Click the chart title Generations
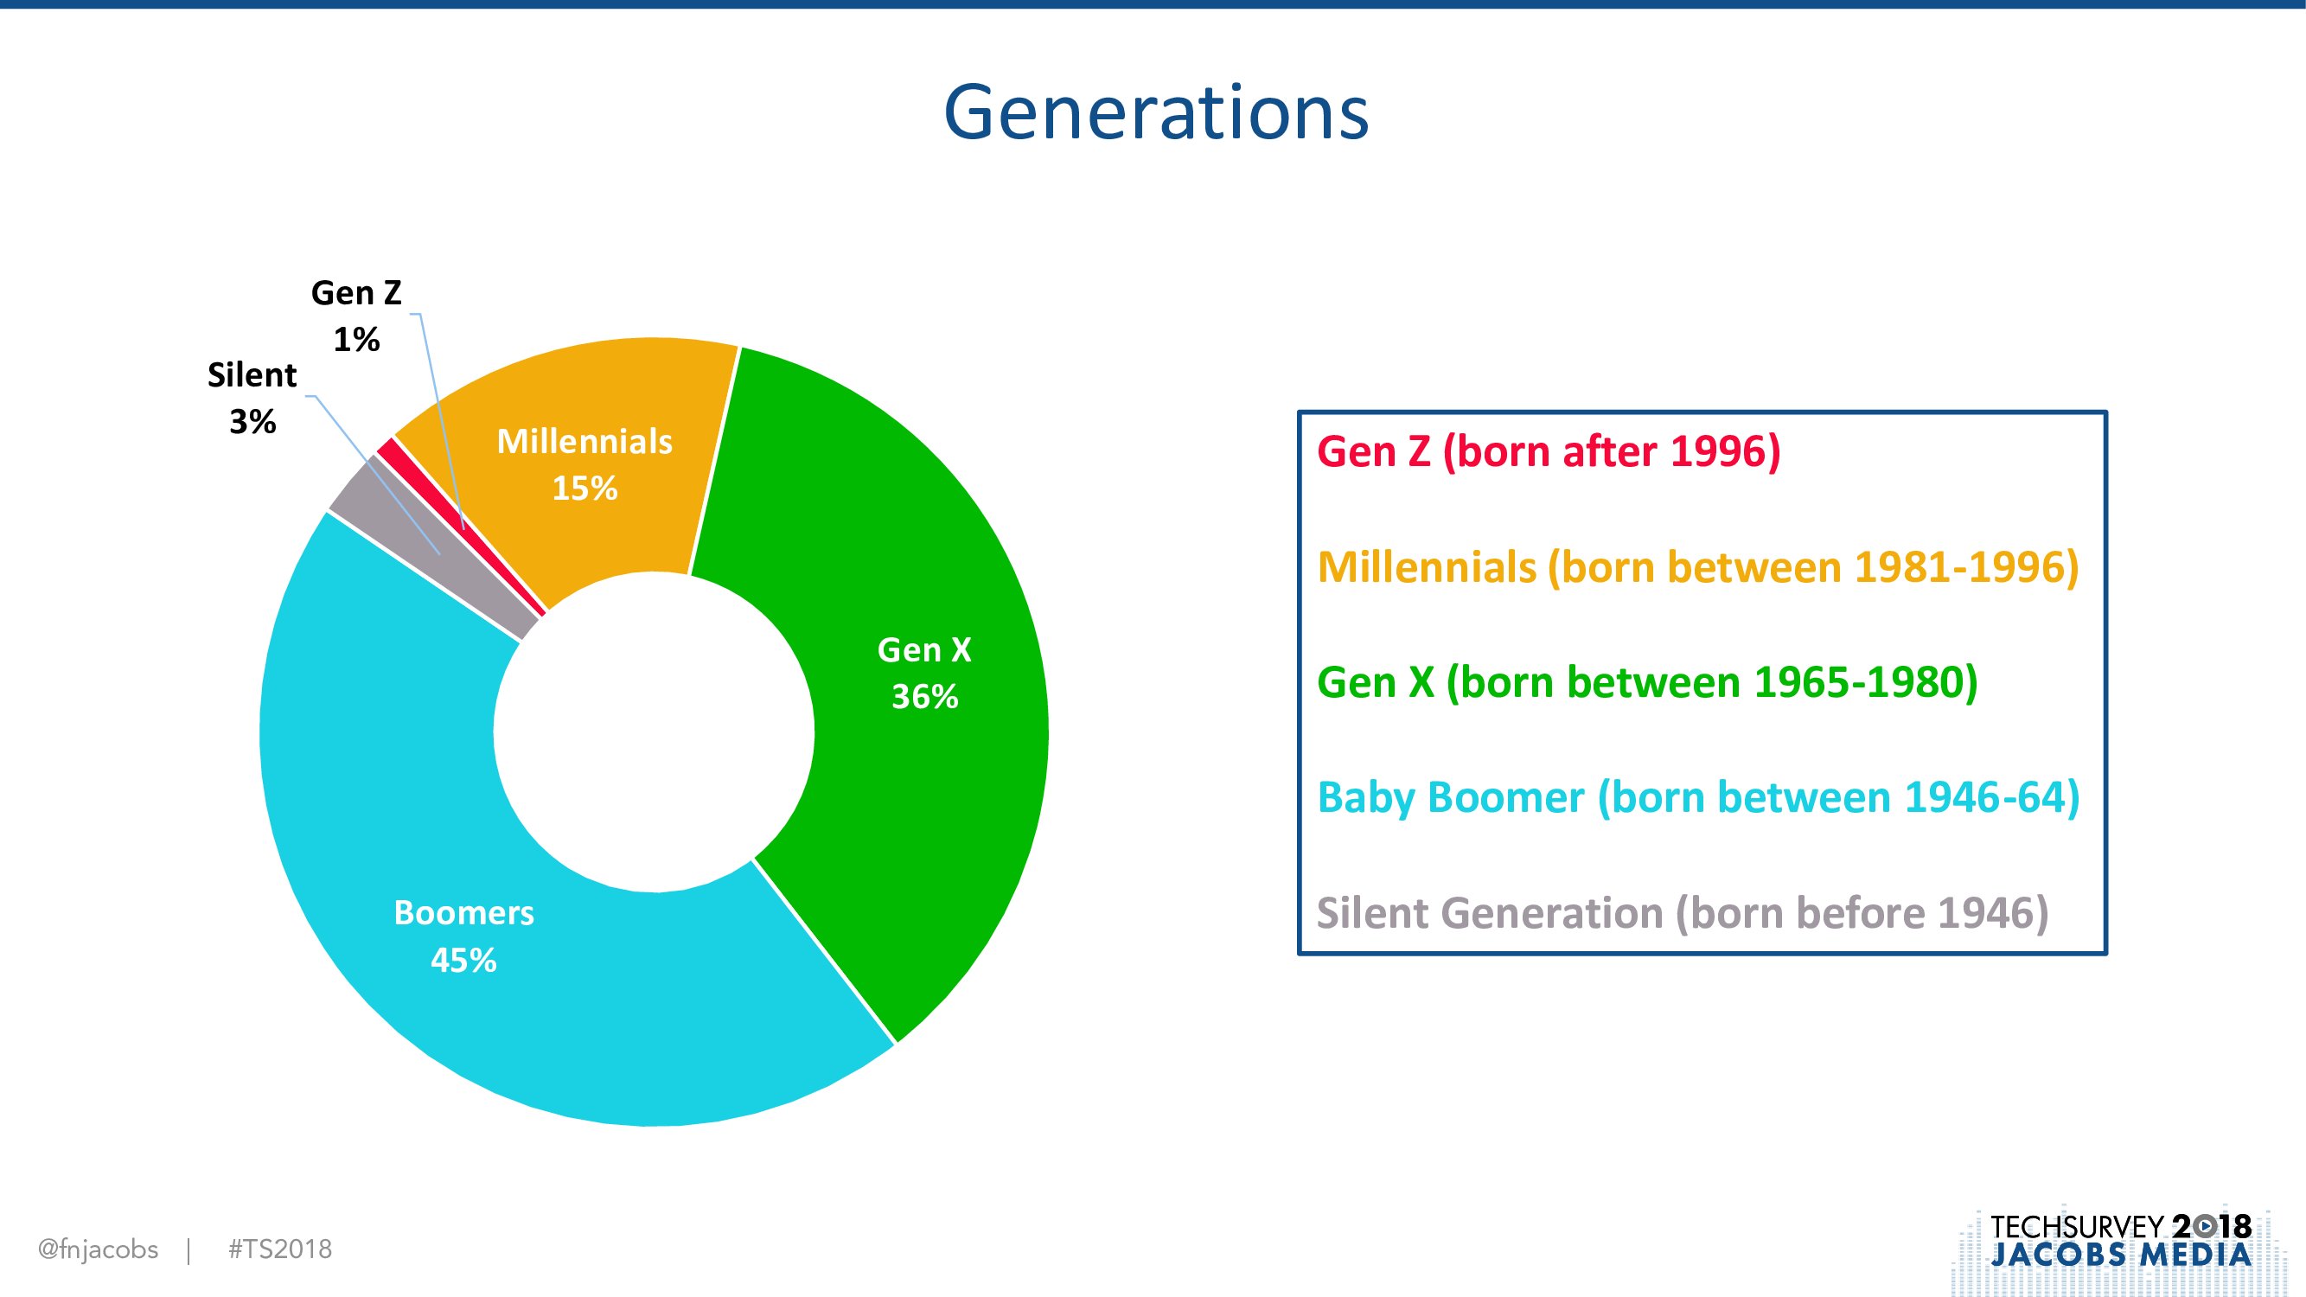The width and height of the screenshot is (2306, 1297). point(1156,112)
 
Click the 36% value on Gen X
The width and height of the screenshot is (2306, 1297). point(924,696)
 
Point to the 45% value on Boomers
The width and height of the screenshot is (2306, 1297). point(463,961)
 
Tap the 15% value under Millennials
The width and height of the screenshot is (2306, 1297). point(584,488)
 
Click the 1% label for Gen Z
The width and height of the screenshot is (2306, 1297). point(356,339)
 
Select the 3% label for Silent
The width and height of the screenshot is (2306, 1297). point(252,422)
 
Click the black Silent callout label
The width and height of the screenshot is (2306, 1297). point(252,375)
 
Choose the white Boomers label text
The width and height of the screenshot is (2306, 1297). point(463,913)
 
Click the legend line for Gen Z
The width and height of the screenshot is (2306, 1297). point(1549,452)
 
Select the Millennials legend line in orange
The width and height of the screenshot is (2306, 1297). point(1698,567)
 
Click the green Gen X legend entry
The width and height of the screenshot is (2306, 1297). point(1647,683)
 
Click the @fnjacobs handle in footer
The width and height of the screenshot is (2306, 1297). point(98,1249)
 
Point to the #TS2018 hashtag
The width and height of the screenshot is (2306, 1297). point(280,1249)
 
